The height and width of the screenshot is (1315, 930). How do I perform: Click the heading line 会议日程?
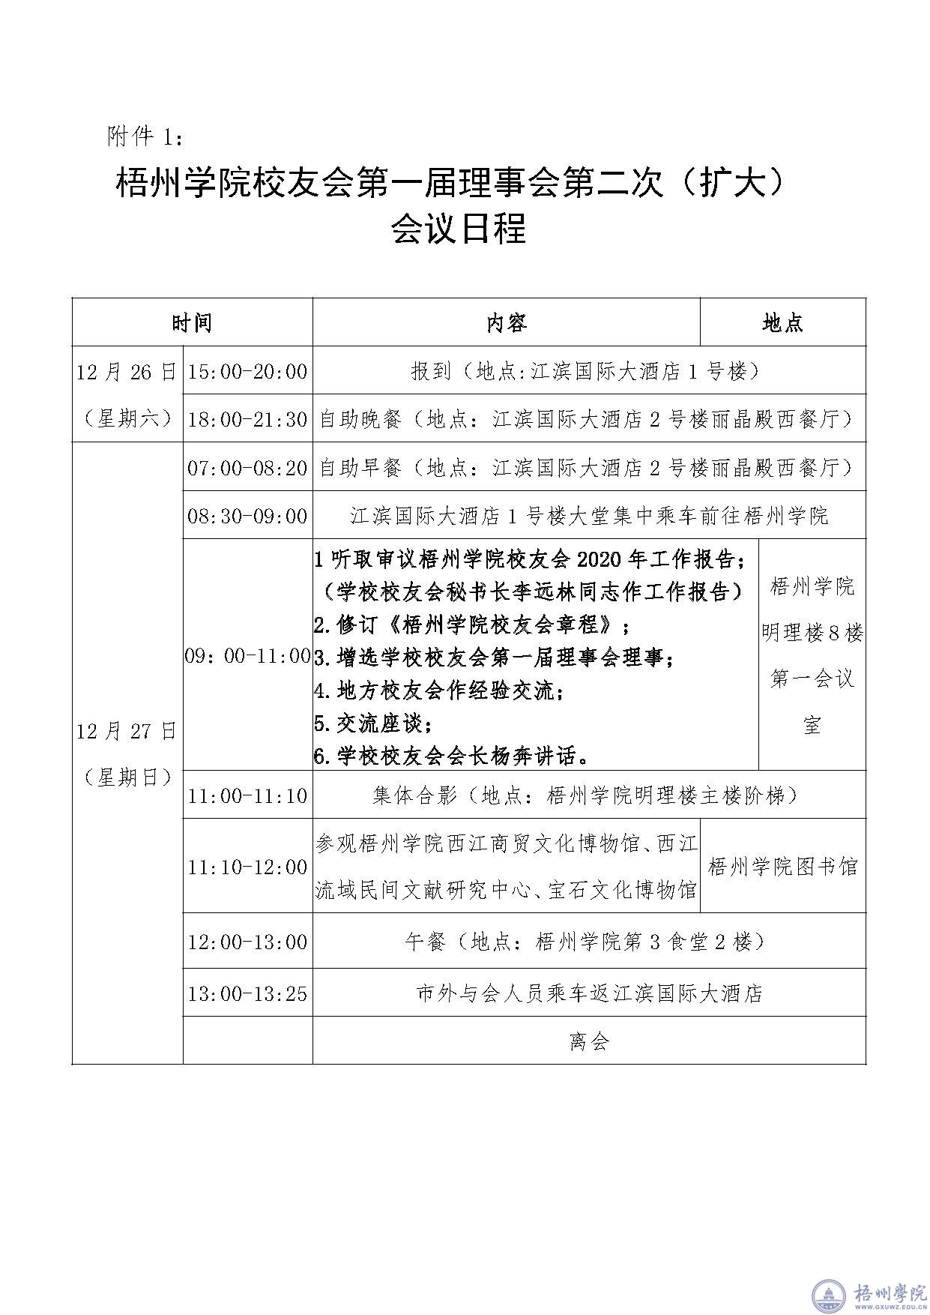[458, 229]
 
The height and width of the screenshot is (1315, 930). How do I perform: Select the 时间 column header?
[192, 322]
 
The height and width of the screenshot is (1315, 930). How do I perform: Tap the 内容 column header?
[507, 322]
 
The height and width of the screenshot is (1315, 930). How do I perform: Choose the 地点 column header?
[782, 322]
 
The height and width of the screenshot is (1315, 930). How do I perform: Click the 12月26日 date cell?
[127, 394]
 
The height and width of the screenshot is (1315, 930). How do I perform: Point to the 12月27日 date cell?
[127, 753]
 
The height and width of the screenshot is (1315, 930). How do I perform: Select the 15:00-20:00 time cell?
[247, 370]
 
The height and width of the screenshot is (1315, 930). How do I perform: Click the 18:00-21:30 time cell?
[247, 419]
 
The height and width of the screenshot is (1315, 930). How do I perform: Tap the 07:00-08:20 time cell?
[247, 468]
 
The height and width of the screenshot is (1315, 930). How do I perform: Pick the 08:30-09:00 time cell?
[247, 516]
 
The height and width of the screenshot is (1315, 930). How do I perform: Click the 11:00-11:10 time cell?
[247, 795]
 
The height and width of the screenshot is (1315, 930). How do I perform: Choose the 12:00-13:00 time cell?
[247, 942]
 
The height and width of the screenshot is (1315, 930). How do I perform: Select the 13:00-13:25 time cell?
[247, 993]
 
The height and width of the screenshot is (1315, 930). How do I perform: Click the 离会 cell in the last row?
[589, 1041]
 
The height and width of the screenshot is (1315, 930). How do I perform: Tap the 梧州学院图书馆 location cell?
[782, 867]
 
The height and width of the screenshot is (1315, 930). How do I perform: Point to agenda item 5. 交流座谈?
[373, 723]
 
